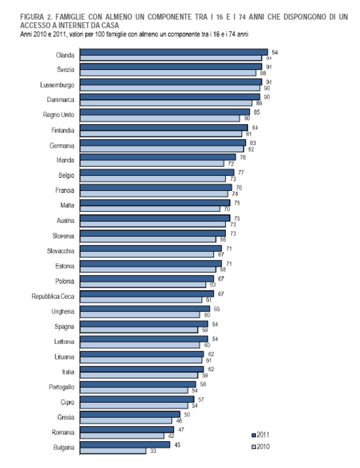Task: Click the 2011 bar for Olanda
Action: pyautogui.click(x=174, y=52)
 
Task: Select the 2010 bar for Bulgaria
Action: pyautogui.click(x=113, y=451)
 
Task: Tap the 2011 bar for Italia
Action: pyautogui.click(x=142, y=369)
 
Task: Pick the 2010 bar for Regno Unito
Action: pyautogui.click(x=160, y=119)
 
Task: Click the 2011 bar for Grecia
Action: pyautogui.click(x=130, y=415)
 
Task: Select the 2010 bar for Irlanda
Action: pyautogui.click(x=152, y=164)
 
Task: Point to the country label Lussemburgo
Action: pyautogui.click(x=57, y=85)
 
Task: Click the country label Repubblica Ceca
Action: pyautogui.click(x=53, y=296)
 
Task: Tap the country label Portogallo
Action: pyautogui.click(x=61, y=387)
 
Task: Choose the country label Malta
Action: pyautogui.click(x=67, y=205)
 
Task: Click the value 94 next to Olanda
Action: pyautogui.click(x=275, y=53)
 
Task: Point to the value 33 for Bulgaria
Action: pyautogui.click(x=153, y=451)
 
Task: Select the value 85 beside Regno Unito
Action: pyautogui.click(x=257, y=112)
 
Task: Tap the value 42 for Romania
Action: pyautogui.click(x=171, y=436)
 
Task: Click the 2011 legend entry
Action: pyautogui.click(x=260, y=435)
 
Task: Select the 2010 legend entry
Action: pyautogui.click(x=260, y=446)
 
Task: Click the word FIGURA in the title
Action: pyautogui.click(x=32, y=17)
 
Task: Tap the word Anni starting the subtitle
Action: pyautogui.click(x=26, y=34)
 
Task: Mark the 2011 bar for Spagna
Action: pyautogui.click(x=144, y=324)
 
